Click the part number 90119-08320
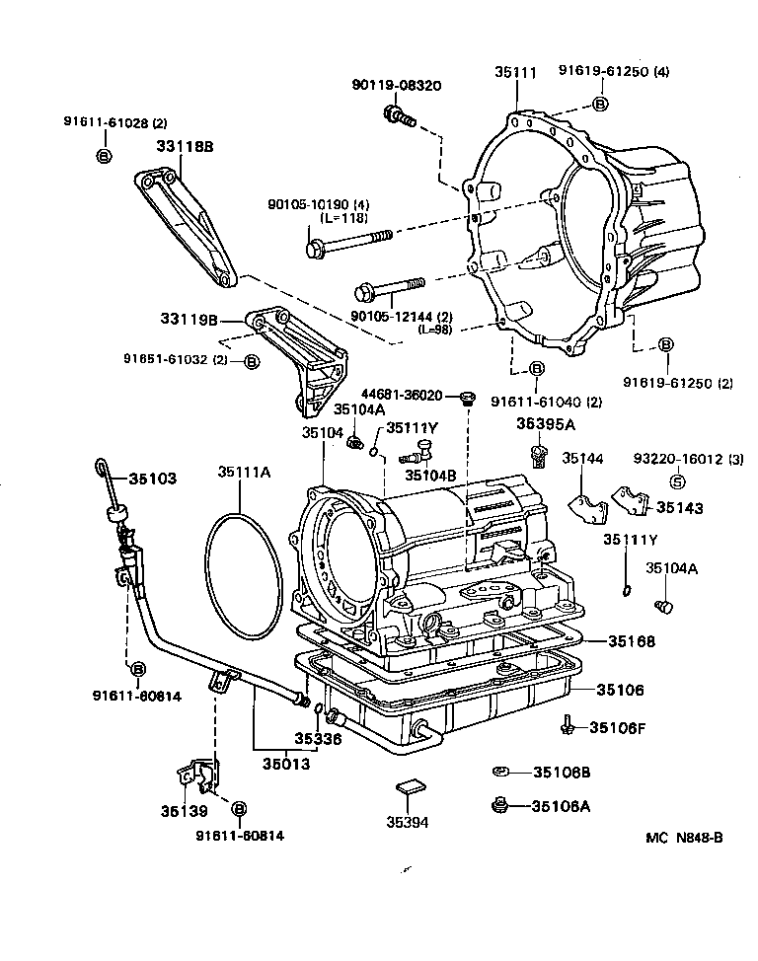coord(396,86)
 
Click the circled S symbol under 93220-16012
coord(678,481)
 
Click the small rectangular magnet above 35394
coord(410,786)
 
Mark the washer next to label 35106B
coord(500,772)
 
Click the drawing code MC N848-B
coord(685,838)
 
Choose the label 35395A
coord(544,424)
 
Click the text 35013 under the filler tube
coord(285,763)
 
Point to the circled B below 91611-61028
coord(104,156)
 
